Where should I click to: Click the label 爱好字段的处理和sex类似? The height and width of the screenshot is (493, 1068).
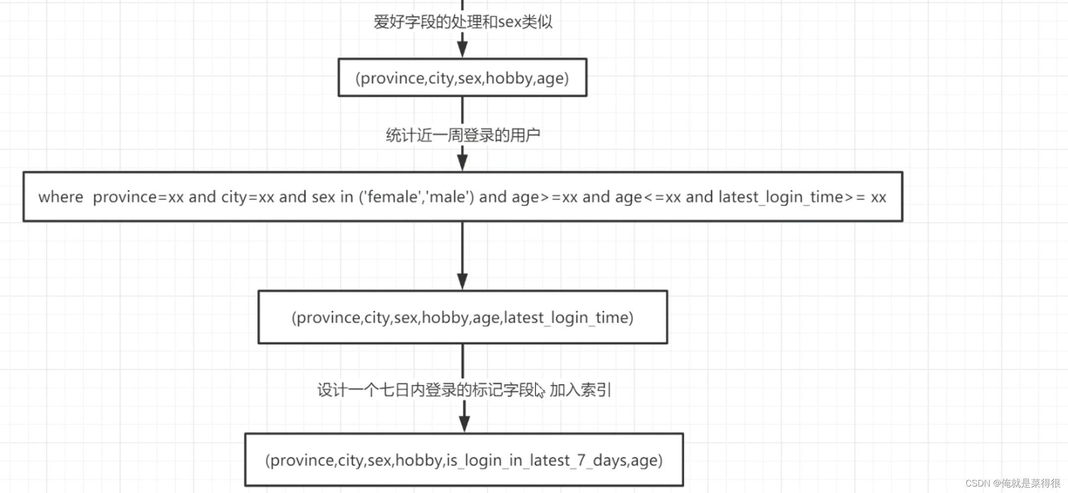[x=462, y=22]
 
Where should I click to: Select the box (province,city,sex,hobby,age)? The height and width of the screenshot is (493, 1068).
[x=462, y=78]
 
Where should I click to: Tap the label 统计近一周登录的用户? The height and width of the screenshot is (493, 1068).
[x=462, y=135]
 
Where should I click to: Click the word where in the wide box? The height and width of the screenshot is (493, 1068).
[x=61, y=197]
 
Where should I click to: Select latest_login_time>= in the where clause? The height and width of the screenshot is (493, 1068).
[x=792, y=197]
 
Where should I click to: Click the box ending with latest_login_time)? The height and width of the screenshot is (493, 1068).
[x=462, y=317]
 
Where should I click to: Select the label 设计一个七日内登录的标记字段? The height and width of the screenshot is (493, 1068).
[x=426, y=390]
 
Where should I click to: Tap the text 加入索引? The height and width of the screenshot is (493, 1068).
[x=580, y=390]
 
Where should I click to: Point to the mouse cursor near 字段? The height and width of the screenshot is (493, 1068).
[x=539, y=390]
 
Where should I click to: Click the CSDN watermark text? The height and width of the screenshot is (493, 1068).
[x=1013, y=483]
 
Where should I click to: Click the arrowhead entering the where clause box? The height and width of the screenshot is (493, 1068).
[x=462, y=163]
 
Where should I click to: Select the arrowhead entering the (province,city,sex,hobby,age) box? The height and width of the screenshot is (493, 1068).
[x=462, y=50]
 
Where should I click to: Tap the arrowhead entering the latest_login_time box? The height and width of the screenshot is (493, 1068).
[x=462, y=281]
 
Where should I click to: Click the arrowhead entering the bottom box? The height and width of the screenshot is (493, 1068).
[x=464, y=424]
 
